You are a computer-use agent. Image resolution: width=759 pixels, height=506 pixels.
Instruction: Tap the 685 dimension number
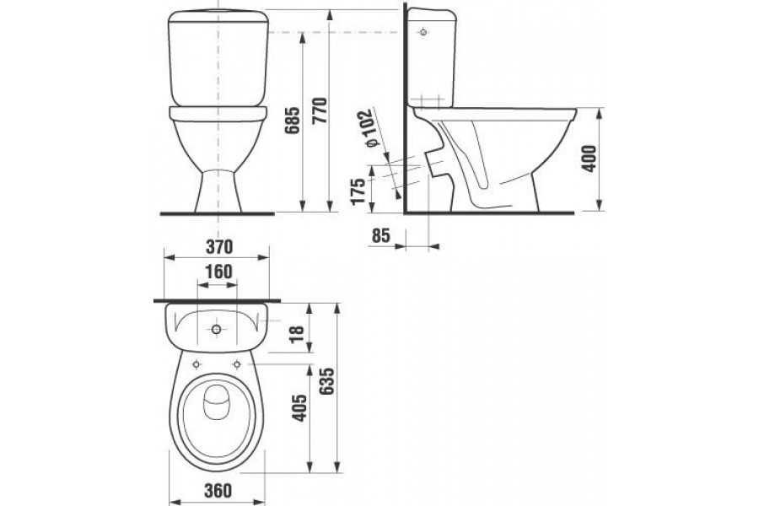coord(293,121)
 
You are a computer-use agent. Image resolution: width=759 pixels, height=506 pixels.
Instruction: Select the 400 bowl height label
coord(589,158)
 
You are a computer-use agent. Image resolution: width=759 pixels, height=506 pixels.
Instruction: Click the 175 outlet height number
coord(358,191)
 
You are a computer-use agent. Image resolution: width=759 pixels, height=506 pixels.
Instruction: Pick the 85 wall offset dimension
coord(381,236)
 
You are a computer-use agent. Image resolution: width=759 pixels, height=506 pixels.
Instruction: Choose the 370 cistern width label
coord(219,247)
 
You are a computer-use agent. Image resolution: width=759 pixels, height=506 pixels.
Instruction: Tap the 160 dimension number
coord(218,272)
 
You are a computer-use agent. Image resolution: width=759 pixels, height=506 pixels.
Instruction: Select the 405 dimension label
coord(300,407)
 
